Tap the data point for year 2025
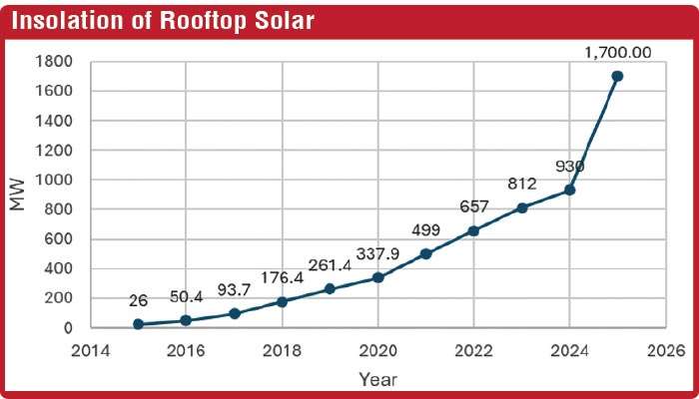tap(617, 76)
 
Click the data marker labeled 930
tap(569, 190)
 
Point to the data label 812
tap(521, 184)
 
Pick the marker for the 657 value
tap(473, 230)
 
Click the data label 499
tap(425, 230)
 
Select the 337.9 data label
tap(377, 254)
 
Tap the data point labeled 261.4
tap(330, 288)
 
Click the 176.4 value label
tap(282, 277)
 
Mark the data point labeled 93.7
tap(234, 313)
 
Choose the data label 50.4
tap(186, 297)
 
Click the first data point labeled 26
tap(138, 324)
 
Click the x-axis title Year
tap(377, 379)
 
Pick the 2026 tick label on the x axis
tap(665, 350)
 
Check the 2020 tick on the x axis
tap(377, 350)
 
